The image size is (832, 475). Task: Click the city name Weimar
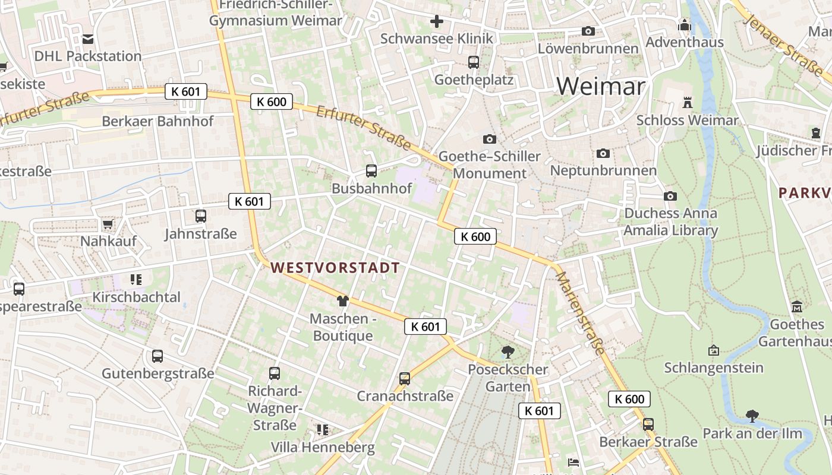600,87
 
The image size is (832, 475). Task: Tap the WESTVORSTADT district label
335,268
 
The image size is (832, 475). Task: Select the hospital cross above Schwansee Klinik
437,22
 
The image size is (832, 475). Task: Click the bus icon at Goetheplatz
474,62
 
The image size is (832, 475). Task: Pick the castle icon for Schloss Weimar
688,102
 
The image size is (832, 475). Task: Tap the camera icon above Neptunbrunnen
603,153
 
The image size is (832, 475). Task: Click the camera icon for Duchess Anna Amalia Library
670,196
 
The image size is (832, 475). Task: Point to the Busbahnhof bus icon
371,171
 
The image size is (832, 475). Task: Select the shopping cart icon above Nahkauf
108,224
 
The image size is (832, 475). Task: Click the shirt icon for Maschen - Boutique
342,301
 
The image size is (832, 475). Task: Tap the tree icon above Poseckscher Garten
508,351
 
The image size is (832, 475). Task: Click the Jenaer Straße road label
784,41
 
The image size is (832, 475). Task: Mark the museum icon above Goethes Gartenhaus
796,307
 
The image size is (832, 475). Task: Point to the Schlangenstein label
714,368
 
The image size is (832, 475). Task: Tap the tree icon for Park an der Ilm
752,416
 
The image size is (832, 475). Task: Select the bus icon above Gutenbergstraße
157,356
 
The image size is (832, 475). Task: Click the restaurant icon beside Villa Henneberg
323,429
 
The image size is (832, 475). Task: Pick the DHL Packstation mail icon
88,39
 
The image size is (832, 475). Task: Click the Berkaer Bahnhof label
157,121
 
